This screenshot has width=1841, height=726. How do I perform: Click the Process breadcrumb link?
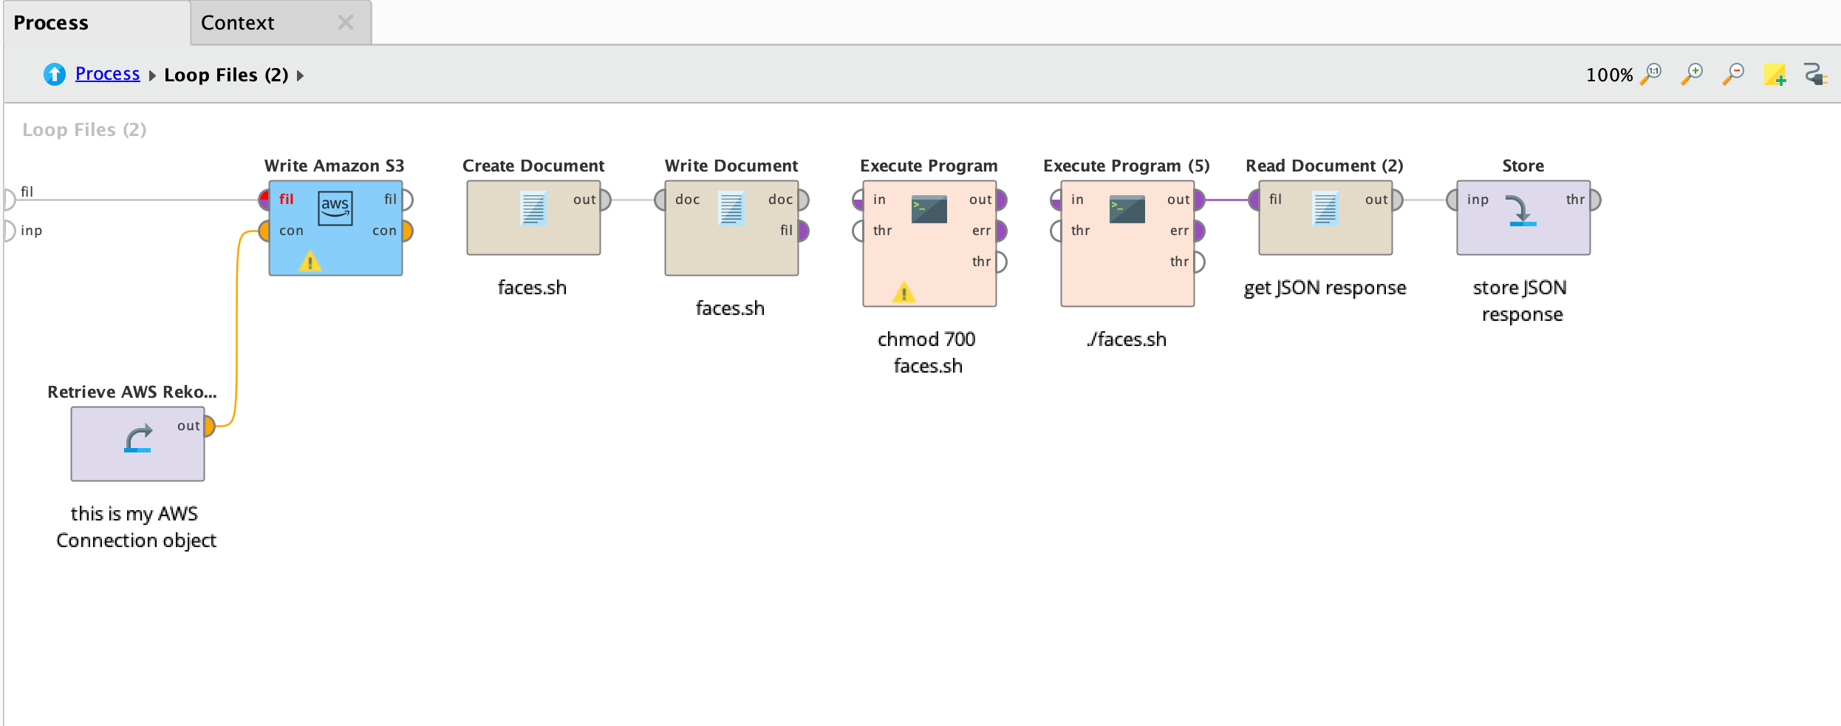point(107,74)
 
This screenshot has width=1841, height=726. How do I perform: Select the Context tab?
point(237,23)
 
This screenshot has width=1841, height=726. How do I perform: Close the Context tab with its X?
point(345,22)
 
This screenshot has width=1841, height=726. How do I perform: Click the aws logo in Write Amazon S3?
point(335,208)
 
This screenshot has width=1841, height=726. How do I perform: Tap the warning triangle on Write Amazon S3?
point(310,261)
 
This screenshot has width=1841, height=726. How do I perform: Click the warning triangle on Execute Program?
point(904,292)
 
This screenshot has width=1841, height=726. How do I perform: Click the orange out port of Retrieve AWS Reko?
point(209,426)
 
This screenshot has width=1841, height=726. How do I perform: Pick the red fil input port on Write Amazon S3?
point(264,200)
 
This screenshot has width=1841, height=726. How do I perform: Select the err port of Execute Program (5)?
point(1199,231)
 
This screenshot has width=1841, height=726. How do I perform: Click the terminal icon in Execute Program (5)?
point(1127,209)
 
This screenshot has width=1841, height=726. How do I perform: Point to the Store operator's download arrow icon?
point(1522,210)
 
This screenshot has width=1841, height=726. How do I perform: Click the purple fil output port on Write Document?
point(803,231)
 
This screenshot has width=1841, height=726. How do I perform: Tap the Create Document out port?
point(605,200)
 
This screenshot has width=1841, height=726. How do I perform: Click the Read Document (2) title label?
point(1325,166)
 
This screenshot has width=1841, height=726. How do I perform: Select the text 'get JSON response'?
point(1325,288)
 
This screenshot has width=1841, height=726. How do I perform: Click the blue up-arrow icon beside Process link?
point(55,74)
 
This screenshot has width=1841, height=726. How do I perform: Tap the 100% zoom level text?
point(1609,75)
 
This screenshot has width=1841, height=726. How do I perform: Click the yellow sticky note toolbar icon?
point(1775,75)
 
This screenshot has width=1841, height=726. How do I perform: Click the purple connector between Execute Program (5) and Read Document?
point(1226,200)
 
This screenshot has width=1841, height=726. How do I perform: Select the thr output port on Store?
point(1595,200)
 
